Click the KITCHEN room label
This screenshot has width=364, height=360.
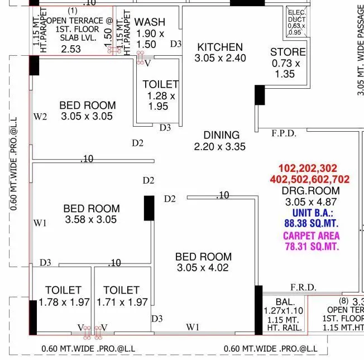[x=220, y=47]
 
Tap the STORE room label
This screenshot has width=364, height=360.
[x=288, y=52]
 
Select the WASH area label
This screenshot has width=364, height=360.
[x=150, y=22]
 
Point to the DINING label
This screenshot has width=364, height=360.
[x=221, y=135]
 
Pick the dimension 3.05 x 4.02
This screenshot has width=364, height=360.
[x=203, y=268]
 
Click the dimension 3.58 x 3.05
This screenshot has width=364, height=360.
[x=91, y=219]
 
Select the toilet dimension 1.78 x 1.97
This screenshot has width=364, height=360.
[x=64, y=302]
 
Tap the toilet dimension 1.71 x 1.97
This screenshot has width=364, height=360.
[x=122, y=302]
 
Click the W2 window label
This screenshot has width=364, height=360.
[x=40, y=117]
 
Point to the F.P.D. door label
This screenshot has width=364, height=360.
[x=284, y=134]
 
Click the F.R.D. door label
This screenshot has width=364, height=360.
[x=303, y=287]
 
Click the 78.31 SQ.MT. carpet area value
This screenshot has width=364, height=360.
[x=312, y=246]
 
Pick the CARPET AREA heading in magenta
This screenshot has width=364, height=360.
[x=312, y=236]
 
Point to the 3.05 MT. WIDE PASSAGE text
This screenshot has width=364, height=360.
[x=360, y=50]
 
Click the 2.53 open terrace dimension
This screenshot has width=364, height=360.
[x=71, y=49]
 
